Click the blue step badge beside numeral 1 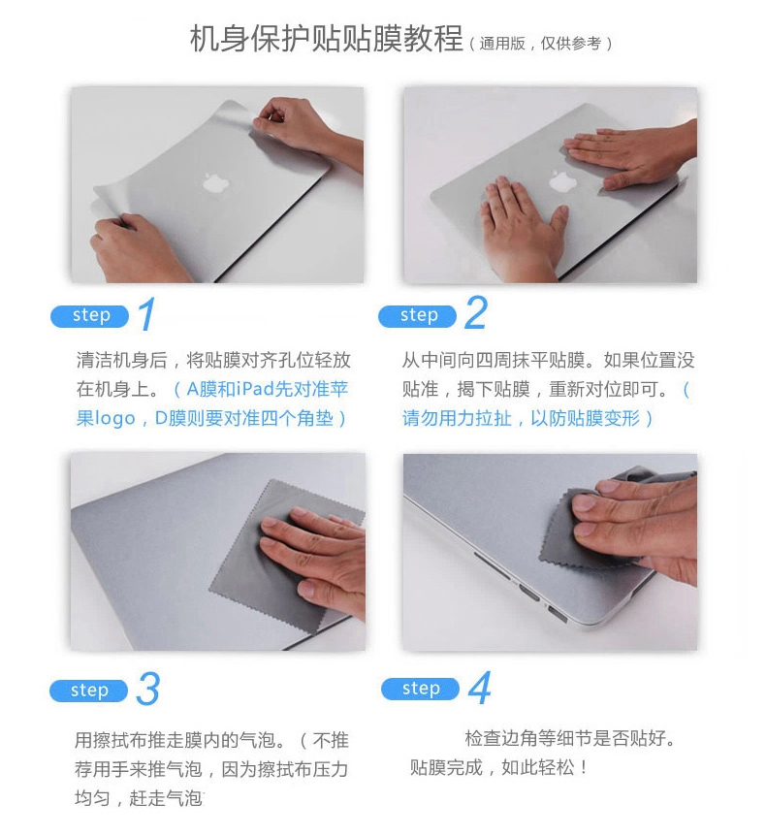(x=89, y=316)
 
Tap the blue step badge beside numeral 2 (x=417, y=316)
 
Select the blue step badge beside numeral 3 (x=88, y=691)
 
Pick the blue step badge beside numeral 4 (x=420, y=689)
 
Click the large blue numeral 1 (x=147, y=314)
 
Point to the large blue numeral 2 (x=475, y=313)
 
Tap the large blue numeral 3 (x=147, y=689)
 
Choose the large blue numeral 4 (x=480, y=688)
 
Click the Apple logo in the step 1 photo (x=215, y=182)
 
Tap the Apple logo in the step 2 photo (x=560, y=181)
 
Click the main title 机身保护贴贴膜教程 (x=326, y=39)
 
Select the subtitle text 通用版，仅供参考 (x=540, y=44)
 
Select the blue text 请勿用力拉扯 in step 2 (x=457, y=418)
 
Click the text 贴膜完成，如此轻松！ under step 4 (x=499, y=767)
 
